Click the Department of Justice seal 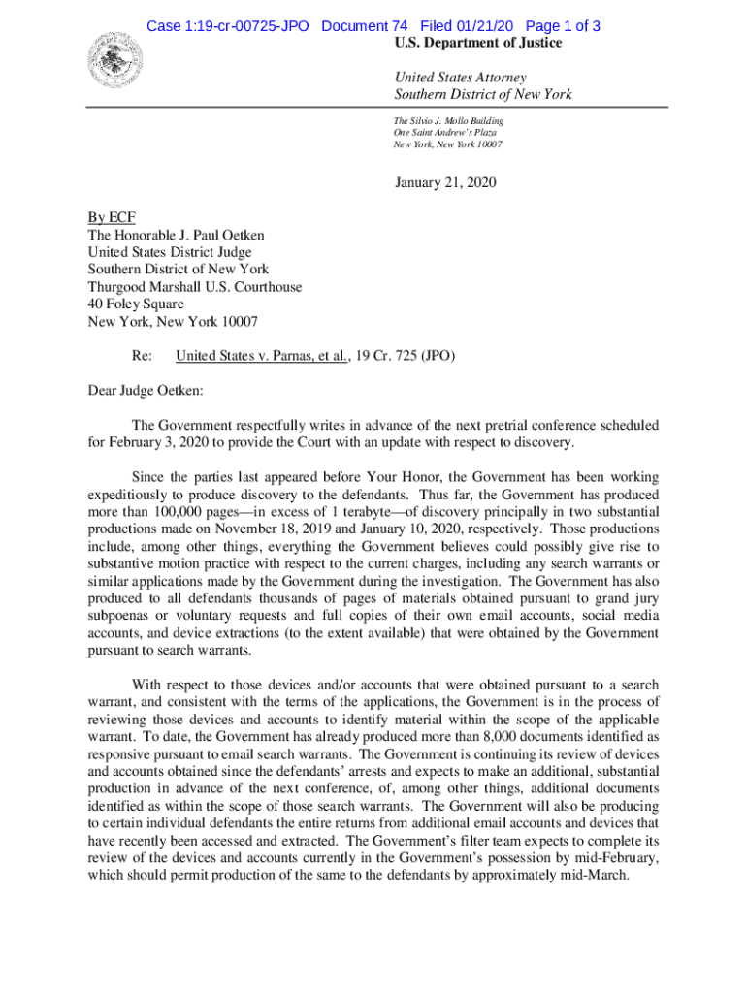click(114, 60)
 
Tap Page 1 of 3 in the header click(562, 26)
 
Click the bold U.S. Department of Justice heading click(477, 44)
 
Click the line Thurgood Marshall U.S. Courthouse click(194, 287)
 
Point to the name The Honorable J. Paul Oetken click(176, 235)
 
